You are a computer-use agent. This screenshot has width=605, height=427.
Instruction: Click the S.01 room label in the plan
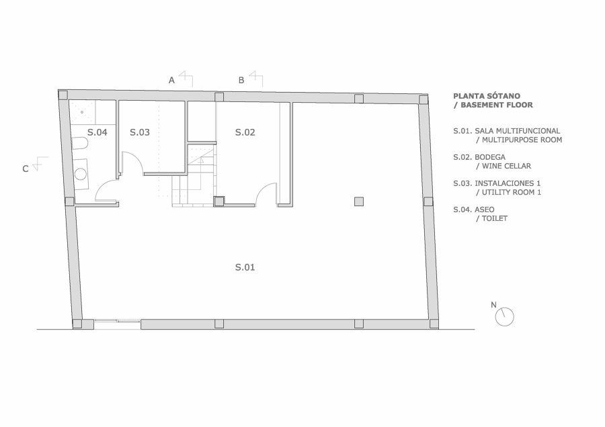pyautogui.click(x=245, y=267)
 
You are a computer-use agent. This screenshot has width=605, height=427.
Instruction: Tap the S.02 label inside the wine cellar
pyautogui.click(x=245, y=132)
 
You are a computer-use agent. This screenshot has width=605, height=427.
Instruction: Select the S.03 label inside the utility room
pyautogui.click(x=140, y=132)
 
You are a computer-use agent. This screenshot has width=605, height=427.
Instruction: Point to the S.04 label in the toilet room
pyautogui.click(x=97, y=132)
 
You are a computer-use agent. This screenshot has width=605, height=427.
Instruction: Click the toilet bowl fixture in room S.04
pyautogui.click(x=80, y=144)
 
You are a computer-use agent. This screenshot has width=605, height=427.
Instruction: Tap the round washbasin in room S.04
pyautogui.click(x=81, y=174)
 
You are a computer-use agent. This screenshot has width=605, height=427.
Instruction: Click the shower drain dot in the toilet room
pyautogui.click(x=82, y=113)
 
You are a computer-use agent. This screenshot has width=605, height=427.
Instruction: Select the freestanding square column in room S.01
pyautogui.click(x=359, y=201)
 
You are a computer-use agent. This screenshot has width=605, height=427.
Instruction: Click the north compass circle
pyautogui.click(x=505, y=317)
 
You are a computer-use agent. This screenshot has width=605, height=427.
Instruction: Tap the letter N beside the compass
pyautogui.click(x=493, y=305)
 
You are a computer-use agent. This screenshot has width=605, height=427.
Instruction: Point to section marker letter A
pyautogui.click(x=171, y=80)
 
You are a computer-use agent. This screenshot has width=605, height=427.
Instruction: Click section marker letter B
pyautogui.click(x=241, y=80)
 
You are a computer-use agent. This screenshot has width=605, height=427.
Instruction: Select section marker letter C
pyautogui.click(x=26, y=169)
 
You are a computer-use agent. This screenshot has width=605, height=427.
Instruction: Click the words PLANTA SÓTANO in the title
pyautogui.click(x=487, y=96)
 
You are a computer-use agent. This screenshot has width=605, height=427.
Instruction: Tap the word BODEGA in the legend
pyautogui.click(x=490, y=157)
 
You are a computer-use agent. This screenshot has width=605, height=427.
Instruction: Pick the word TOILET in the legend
pyautogui.click(x=495, y=218)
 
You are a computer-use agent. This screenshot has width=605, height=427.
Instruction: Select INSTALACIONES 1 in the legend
pyautogui.click(x=508, y=183)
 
